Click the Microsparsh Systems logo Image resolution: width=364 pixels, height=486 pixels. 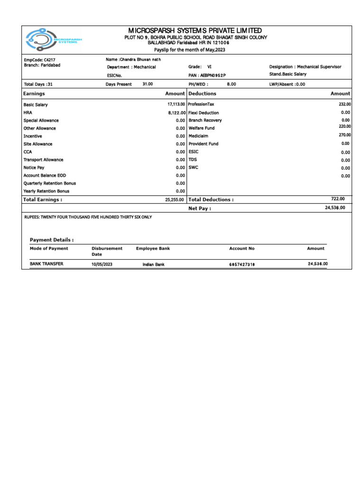[x=54, y=40]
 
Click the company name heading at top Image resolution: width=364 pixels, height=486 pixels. [x=195, y=30]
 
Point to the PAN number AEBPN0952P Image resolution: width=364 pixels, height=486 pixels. [x=213, y=75]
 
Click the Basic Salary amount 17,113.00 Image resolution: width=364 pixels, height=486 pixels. [x=176, y=104]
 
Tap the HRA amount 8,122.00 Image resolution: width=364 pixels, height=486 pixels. [x=176, y=113]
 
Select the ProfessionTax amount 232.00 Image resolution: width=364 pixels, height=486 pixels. [x=345, y=104]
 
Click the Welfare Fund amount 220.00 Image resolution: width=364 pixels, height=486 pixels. [x=345, y=127]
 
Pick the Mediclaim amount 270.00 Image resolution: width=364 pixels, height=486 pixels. [x=345, y=135]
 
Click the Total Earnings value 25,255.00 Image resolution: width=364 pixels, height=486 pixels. [x=174, y=200]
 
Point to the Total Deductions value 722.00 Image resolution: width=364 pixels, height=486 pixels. [x=338, y=199]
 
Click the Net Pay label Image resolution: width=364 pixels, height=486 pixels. [x=200, y=208]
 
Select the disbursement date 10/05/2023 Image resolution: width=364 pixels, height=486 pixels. [x=102, y=264]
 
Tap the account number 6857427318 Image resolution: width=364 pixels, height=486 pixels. [x=242, y=264]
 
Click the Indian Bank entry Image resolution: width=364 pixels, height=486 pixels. [x=154, y=264]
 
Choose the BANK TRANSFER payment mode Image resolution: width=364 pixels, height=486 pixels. [x=46, y=264]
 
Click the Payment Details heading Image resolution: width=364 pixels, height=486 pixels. [x=52, y=240]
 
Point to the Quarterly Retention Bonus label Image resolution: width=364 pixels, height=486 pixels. [x=50, y=183]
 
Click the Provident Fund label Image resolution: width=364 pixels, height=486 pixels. [x=203, y=144]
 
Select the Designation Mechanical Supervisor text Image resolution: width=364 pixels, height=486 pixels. [x=305, y=67]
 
